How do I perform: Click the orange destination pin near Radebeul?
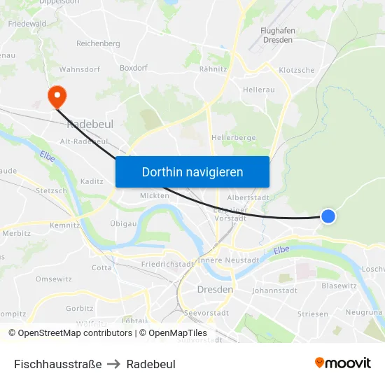[x=55, y=97]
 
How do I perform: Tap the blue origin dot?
[x=328, y=217]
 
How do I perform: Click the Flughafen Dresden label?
[x=277, y=36]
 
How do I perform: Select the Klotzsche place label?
[x=296, y=71]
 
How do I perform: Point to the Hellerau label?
[x=258, y=90]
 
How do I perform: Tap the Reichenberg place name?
[x=98, y=43]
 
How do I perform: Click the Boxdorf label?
[x=134, y=69]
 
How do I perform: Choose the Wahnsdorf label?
[x=79, y=70]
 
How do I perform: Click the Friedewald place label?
[x=27, y=24]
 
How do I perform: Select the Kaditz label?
[x=92, y=181]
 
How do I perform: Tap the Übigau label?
[x=122, y=224]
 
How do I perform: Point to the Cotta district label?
[x=101, y=267]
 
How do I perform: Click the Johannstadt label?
[x=274, y=290]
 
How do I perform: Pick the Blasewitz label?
[x=339, y=286]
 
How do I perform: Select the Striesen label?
[x=312, y=314]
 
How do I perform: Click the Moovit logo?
[x=342, y=363]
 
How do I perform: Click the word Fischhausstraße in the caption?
[x=58, y=364]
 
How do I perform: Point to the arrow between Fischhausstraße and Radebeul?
[x=114, y=364]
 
